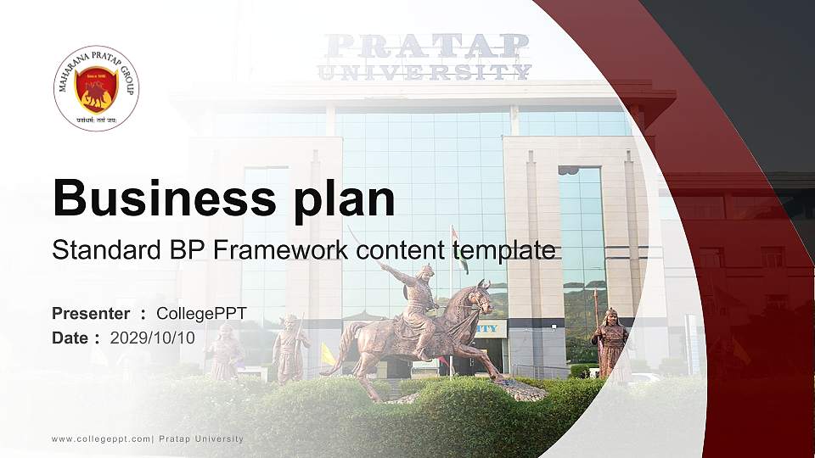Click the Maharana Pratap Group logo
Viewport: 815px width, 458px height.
(x=96, y=88)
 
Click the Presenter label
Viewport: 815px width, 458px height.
(x=91, y=314)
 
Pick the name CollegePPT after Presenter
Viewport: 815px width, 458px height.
(x=201, y=314)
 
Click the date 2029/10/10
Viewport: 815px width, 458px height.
(x=153, y=338)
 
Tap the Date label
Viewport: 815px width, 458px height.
(x=70, y=338)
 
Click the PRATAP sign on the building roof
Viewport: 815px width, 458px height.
(x=427, y=45)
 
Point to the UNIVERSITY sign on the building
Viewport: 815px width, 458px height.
(x=424, y=71)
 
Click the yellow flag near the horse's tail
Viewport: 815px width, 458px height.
(x=328, y=355)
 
